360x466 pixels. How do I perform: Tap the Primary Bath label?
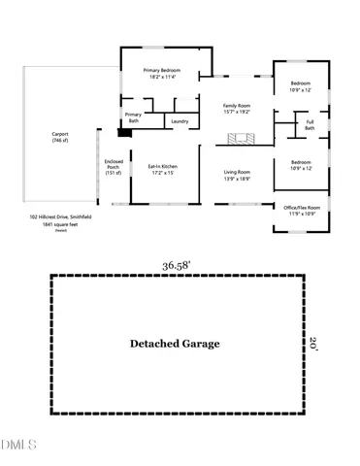click(x=133, y=118)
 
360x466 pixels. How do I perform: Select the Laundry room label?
click(x=180, y=121)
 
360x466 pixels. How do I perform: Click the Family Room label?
click(x=237, y=105)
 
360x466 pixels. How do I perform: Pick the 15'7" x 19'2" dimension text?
click(x=237, y=112)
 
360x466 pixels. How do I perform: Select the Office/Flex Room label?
click(x=301, y=207)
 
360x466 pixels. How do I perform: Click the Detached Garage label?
click(x=176, y=344)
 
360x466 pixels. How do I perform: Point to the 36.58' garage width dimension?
click(x=176, y=263)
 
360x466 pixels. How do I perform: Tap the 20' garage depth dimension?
click(x=313, y=342)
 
